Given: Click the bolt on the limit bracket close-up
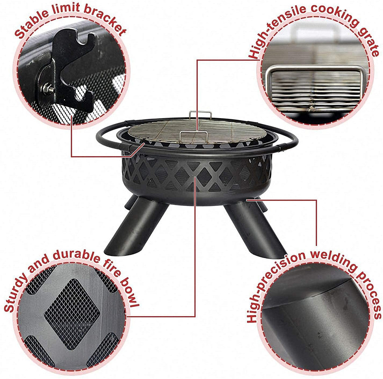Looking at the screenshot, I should (x=48, y=89).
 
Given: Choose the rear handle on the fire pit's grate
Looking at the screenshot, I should (x=200, y=114).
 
